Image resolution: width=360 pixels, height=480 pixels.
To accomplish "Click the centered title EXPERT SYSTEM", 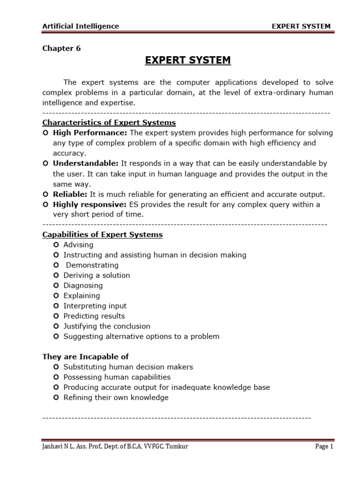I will pos(187,60).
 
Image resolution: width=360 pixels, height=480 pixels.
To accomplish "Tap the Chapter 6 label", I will pos(61,49).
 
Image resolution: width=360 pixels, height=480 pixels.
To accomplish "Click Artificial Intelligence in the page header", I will pos(81,26).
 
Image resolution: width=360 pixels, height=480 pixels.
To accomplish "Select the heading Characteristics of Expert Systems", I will pos(109,123).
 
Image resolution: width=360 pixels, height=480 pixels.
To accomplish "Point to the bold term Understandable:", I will pos(86,164).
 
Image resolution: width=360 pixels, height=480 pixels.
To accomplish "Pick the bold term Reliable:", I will pos(70,194).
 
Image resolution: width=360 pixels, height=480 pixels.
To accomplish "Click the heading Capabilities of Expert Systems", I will pos(102,235).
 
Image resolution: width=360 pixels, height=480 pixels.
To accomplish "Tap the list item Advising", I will pos(78,245).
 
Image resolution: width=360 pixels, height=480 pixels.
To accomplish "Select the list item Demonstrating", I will pos(92,265).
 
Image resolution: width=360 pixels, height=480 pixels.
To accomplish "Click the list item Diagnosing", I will pos(83,285).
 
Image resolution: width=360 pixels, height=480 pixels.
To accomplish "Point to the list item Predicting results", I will pos(94,316).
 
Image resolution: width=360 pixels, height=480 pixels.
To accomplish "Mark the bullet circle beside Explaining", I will pos(56,296).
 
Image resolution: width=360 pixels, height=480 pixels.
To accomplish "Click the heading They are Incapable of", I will pos(85,357).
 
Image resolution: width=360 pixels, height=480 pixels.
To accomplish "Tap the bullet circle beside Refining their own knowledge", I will pos(56,397).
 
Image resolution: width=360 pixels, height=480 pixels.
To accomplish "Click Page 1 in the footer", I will pos(324,447).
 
